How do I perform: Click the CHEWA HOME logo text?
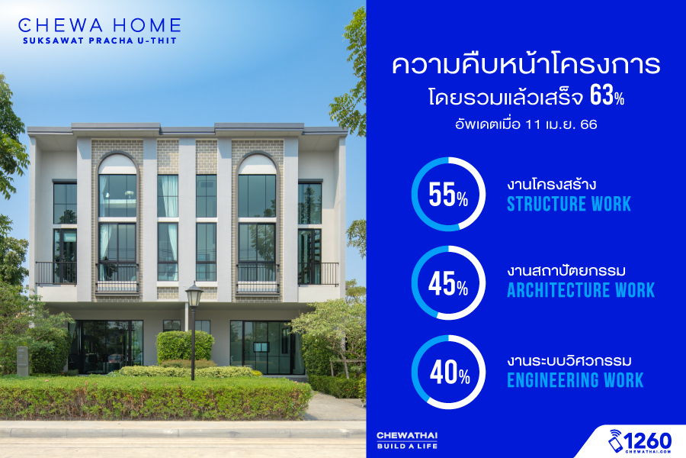[x=100, y=25]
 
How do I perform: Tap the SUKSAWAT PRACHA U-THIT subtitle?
[x=100, y=40]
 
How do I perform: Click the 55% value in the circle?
[x=448, y=195]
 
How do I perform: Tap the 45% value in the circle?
[x=448, y=283]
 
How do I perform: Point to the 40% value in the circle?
[x=450, y=373]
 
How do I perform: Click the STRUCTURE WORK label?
[x=569, y=205]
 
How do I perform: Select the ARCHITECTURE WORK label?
[x=581, y=290]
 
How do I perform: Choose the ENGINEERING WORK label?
[x=575, y=380]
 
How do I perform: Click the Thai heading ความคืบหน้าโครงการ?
[x=526, y=63]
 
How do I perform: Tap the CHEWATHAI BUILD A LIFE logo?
[x=407, y=440]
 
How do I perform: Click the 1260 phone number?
[x=647, y=440]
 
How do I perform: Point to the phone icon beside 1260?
[x=615, y=441]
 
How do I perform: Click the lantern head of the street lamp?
[x=194, y=295]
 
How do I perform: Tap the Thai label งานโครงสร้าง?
[x=551, y=184]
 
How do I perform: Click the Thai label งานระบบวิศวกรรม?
[x=569, y=361]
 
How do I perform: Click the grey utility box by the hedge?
[x=22, y=361]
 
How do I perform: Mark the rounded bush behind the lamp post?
[x=184, y=347]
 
